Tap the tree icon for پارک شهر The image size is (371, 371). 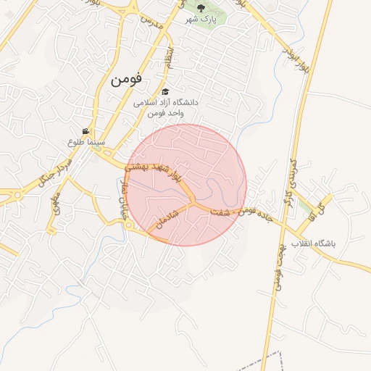coord(201,7)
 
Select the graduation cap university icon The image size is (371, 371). coord(166,92)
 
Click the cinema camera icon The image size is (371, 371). coord(86,131)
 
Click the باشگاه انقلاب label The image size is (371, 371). coord(318,244)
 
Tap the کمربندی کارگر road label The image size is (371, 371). coord(291,182)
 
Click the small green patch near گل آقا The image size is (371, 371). coord(304,207)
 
